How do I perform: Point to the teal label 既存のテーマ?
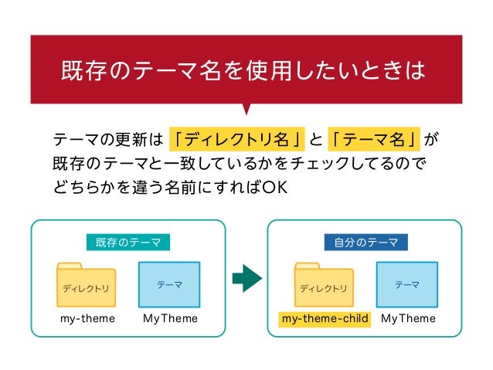128,243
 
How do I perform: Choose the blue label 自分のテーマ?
366,243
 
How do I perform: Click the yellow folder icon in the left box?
86,285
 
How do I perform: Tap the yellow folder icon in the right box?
324,285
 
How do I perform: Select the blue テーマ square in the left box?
169,284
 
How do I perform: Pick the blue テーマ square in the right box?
407,284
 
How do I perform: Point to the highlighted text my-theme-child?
325,318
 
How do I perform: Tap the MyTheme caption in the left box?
170,318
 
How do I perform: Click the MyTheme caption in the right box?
408,318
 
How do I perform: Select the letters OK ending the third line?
275,188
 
